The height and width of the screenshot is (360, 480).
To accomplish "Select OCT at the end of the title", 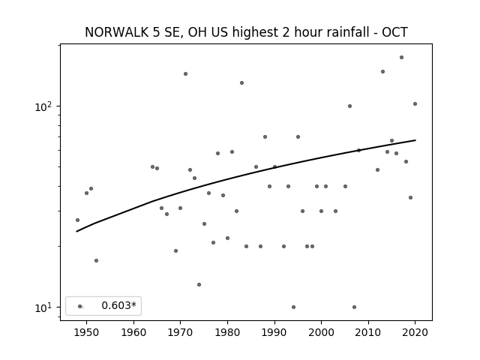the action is [395, 32].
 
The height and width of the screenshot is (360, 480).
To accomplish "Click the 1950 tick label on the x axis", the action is [86, 332].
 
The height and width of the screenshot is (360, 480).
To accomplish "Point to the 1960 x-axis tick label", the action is [133, 332].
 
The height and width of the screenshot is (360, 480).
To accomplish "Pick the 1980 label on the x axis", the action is [227, 332].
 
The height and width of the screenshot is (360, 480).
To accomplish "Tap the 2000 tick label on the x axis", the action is [321, 332].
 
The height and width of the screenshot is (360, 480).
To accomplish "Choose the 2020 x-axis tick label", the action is [415, 332].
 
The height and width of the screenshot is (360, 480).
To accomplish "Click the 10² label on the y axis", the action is [43, 106].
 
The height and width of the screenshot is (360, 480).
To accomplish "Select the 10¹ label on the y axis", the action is [43, 307].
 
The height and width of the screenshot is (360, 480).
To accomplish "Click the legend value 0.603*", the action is [118, 305].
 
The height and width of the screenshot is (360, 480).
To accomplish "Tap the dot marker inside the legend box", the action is [80, 307].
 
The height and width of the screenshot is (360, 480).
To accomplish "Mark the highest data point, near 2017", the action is [402, 58].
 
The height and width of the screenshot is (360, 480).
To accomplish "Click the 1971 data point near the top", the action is [185, 73].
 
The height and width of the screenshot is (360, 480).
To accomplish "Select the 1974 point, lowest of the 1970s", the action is [199, 285].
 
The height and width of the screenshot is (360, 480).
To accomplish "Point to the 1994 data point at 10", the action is [293, 307].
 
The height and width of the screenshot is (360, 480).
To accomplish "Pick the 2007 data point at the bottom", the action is [354, 307].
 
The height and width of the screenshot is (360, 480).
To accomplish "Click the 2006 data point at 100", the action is [349, 106].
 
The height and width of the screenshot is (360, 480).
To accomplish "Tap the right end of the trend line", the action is [415, 140].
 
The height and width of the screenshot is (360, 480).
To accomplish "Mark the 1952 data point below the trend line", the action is [96, 261].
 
